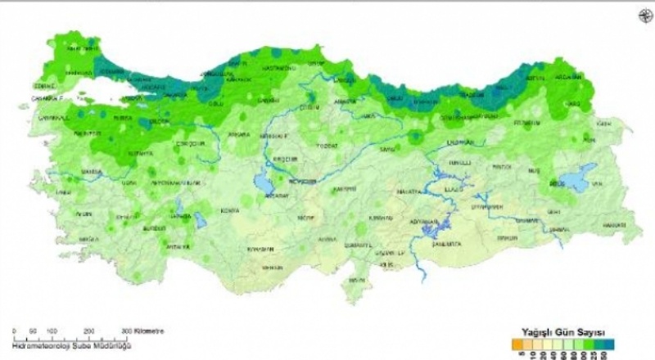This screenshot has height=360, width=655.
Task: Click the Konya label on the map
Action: pos(231,210)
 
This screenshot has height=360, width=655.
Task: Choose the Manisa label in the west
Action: pos(91,172)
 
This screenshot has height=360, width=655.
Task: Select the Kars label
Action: pos(573,104)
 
